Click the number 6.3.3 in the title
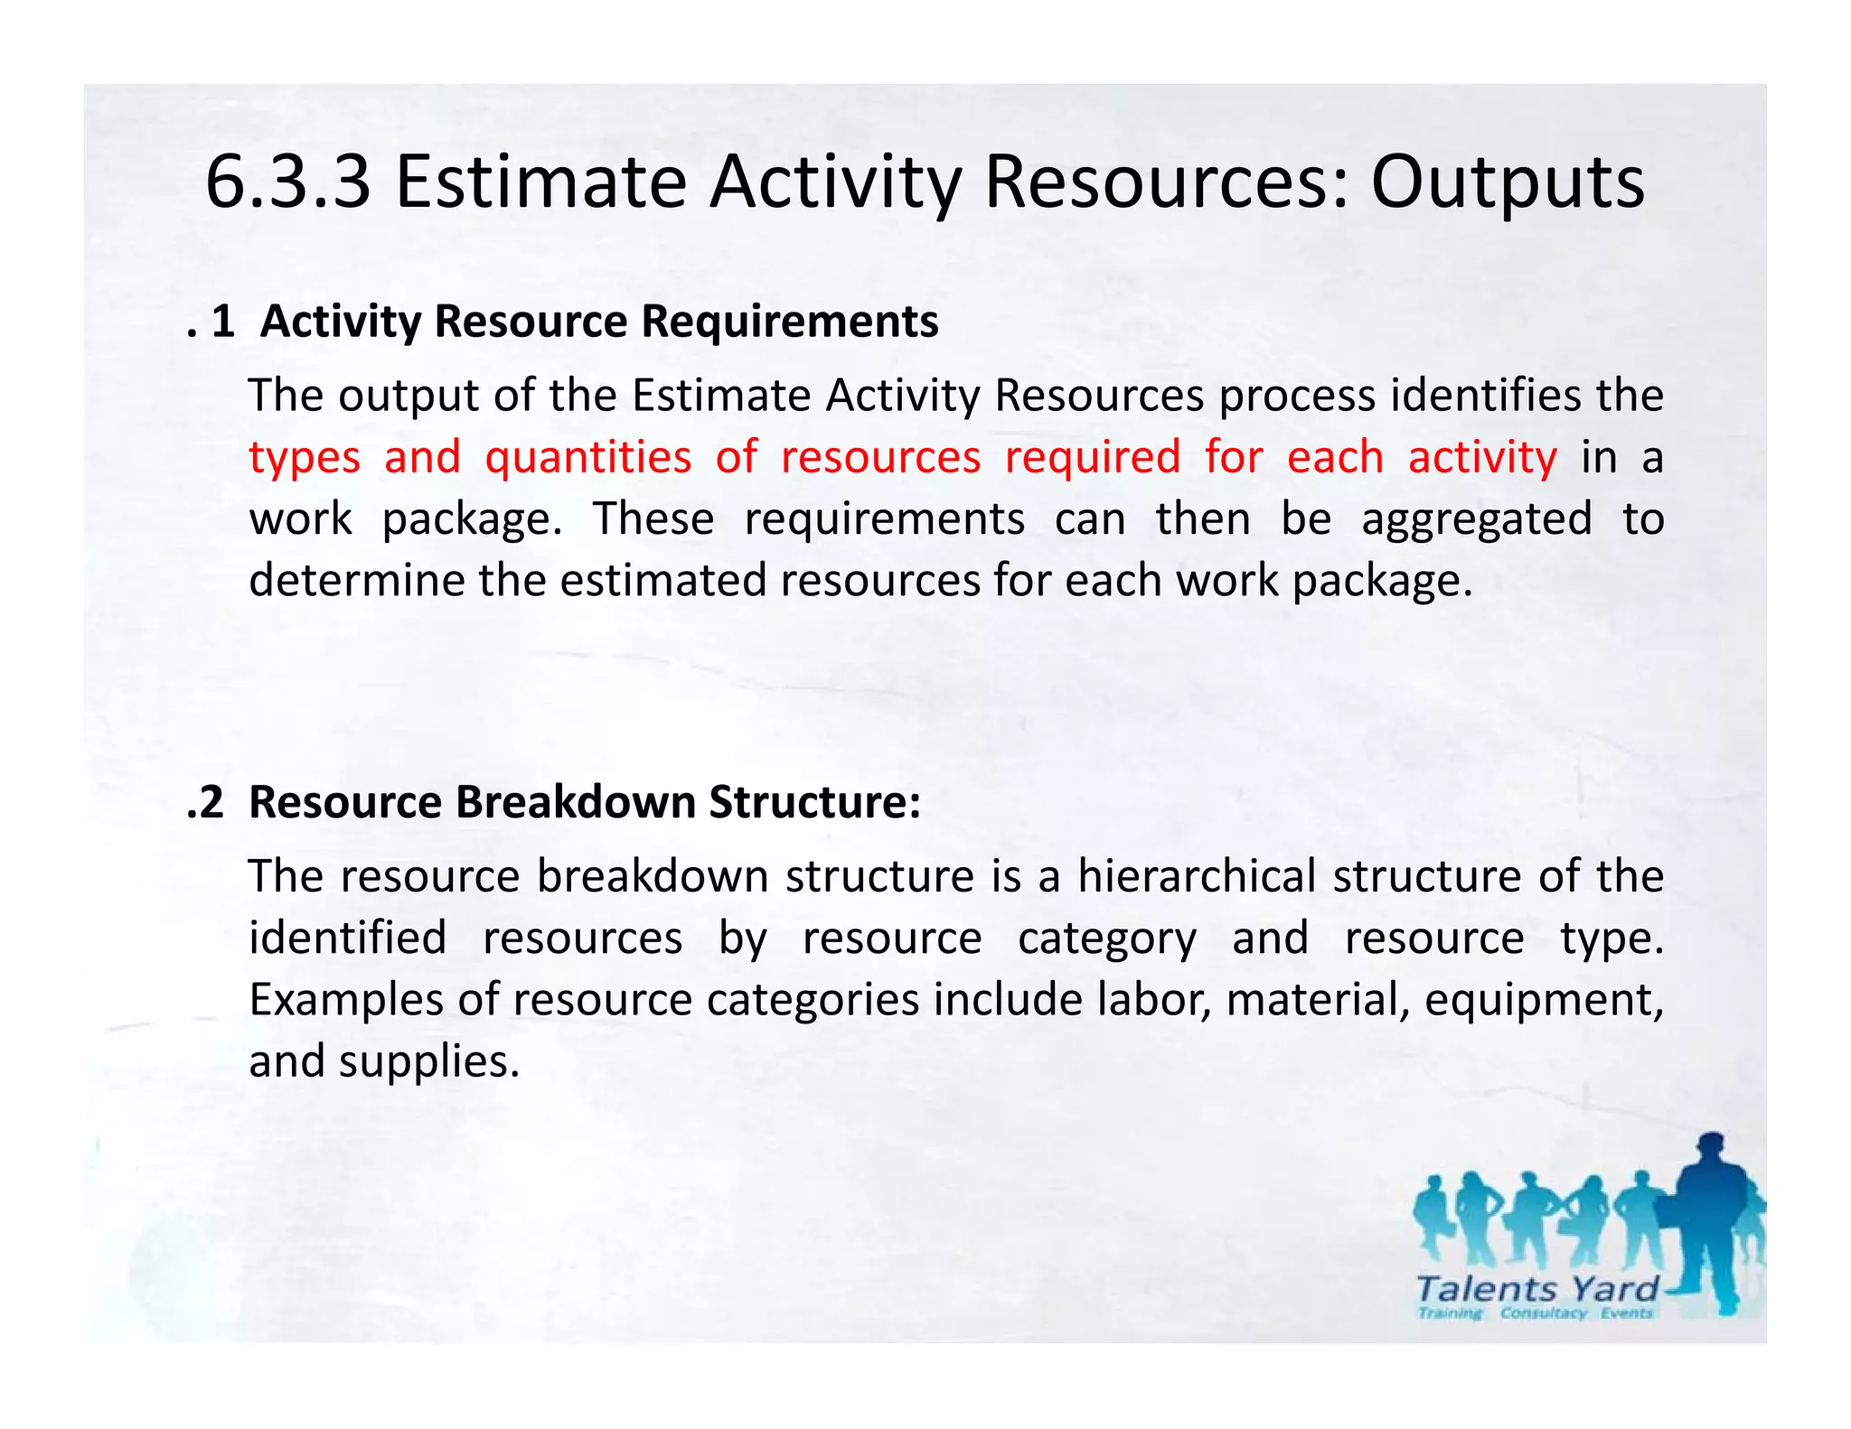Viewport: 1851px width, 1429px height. tap(287, 182)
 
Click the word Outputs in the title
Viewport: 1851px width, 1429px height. tap(1508, 182)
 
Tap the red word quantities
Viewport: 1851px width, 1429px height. tap(587, 457)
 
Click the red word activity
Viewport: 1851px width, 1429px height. tap(1482, 457)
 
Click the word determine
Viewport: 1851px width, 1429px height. tap(356, 580)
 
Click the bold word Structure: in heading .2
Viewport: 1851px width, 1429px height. tap(814, 802)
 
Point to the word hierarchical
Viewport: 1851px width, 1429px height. tap(1197, 876)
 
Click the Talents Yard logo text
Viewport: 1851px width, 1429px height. tap(1536, 1288)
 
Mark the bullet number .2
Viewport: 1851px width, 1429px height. tap(206, 802)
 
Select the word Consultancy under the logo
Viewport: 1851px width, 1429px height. tap(1543, 1312)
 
